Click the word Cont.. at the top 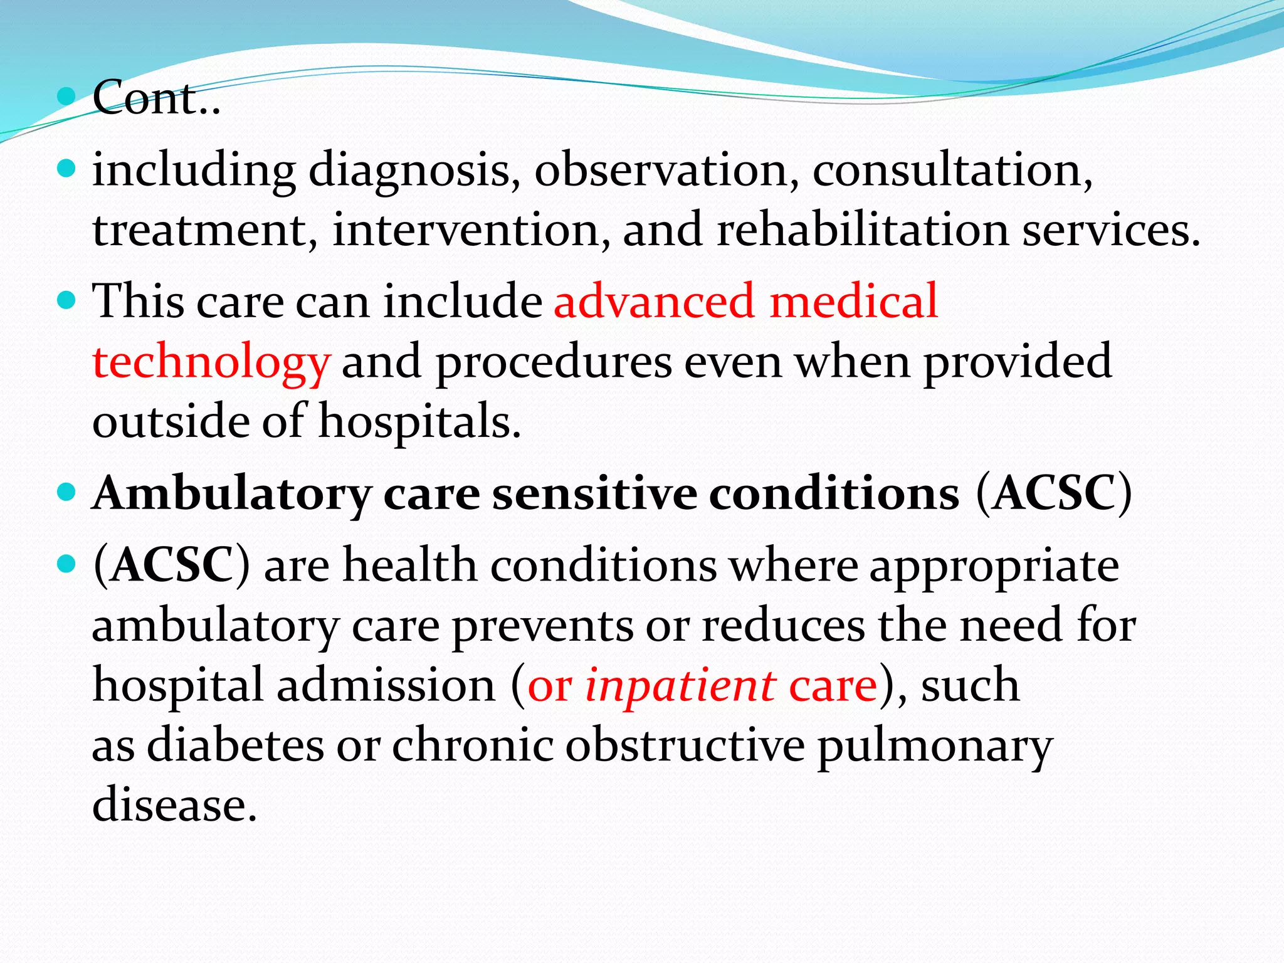[x=156, y=98]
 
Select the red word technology [x=211, y=362]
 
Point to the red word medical [x=853, y=301]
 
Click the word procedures [x=554, y=362]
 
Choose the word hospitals [x=419, y=421]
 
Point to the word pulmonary [x=935, y=745]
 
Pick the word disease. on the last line [x=174, y=805]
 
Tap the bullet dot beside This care [x=66, y=300]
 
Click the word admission [x=386, y=685]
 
